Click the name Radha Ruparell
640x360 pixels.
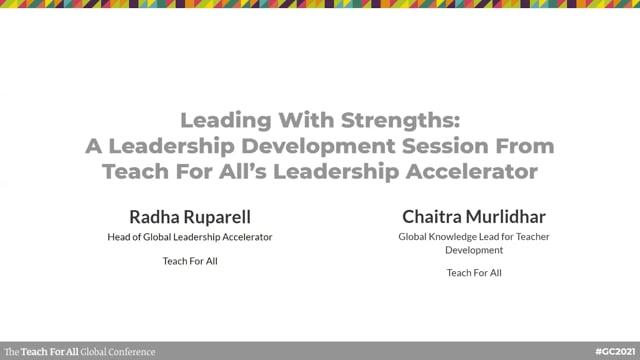(190, 216)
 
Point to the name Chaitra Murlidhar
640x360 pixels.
(474, 216)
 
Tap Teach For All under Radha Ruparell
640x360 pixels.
(190, 261)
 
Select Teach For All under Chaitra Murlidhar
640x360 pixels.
(474, 272)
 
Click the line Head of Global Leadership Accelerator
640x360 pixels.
(190, 237)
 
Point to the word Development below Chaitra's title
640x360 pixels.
(474, 250)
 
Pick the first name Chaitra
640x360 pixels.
(433, 216)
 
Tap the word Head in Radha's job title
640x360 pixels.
(120, 237)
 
